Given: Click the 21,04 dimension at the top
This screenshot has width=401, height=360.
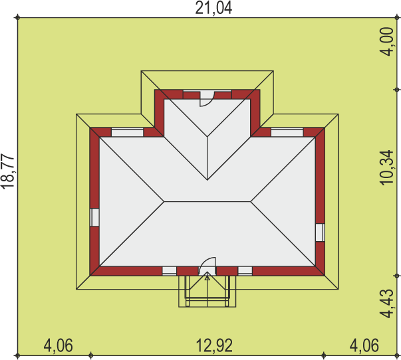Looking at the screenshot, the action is point(213,8).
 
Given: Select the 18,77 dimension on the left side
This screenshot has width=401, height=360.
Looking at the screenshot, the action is point(7,171).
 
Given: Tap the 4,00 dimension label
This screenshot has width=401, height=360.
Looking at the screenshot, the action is point(386,41).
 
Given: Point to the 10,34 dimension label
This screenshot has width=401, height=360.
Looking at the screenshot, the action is point(386,167).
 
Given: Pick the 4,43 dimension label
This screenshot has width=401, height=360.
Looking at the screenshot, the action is point(386,304).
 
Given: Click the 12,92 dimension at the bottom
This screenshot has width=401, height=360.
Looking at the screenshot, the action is point(214,345).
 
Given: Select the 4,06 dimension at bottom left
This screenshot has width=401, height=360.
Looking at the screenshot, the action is point(58,345).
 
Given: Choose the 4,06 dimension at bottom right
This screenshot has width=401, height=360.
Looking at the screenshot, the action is point(364,345).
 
